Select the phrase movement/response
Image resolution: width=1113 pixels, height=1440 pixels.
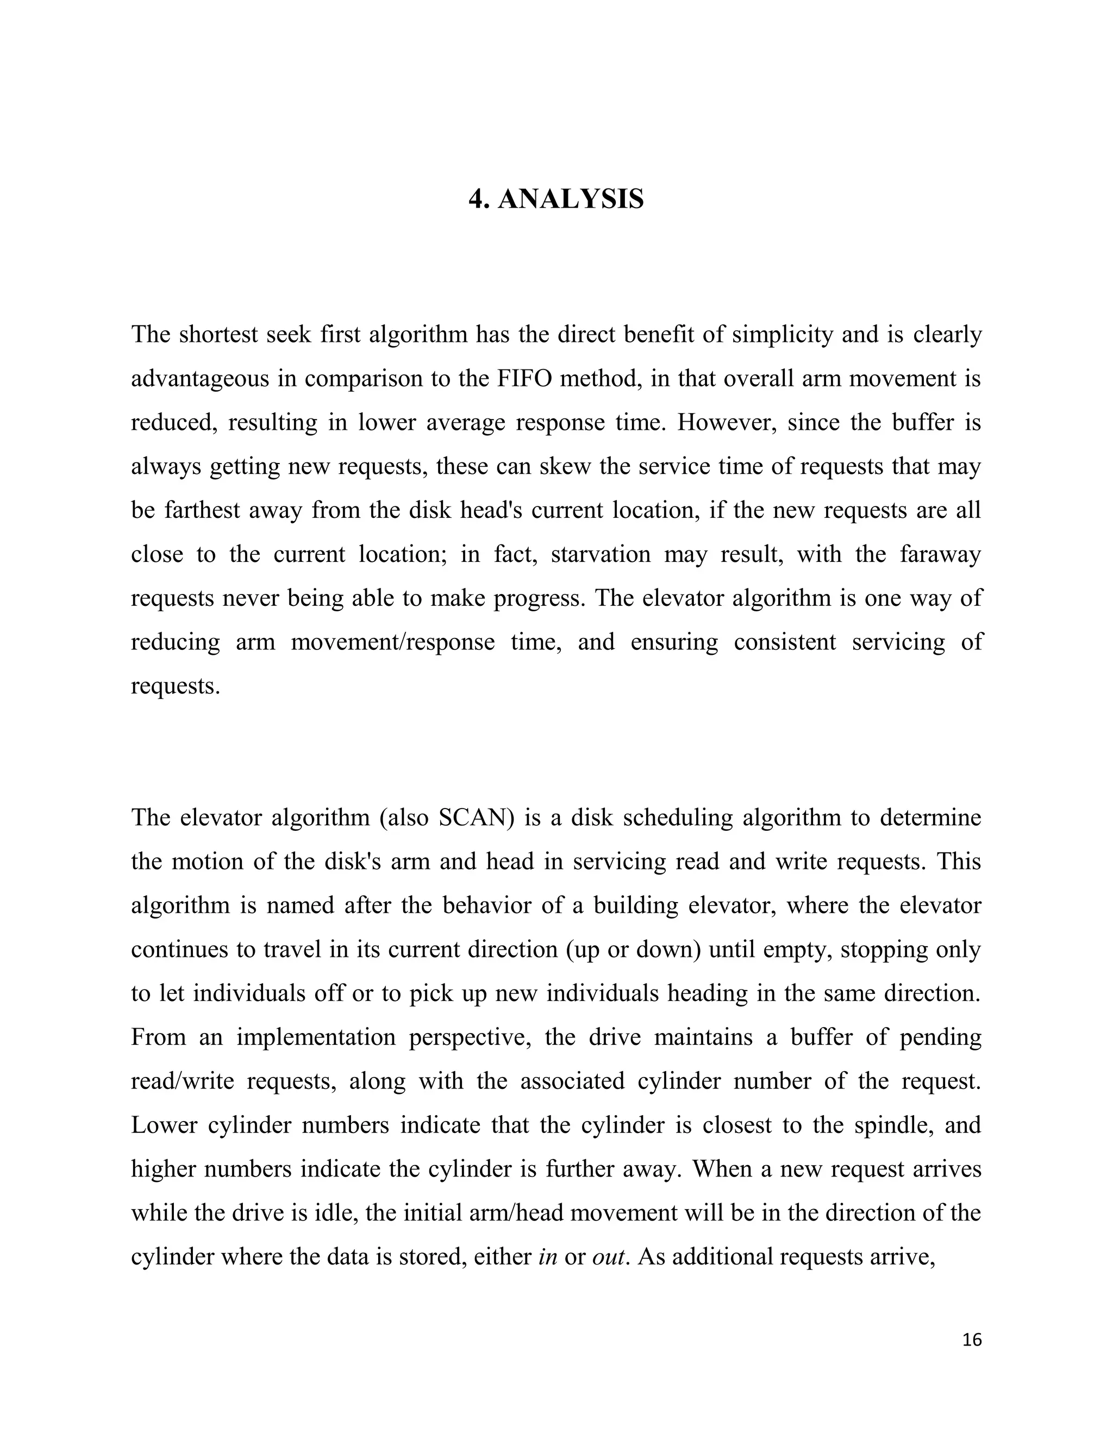point(392,642)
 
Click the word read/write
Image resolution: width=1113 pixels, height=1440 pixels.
point(183,1081)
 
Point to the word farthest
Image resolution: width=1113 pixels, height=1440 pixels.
point(202,510)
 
